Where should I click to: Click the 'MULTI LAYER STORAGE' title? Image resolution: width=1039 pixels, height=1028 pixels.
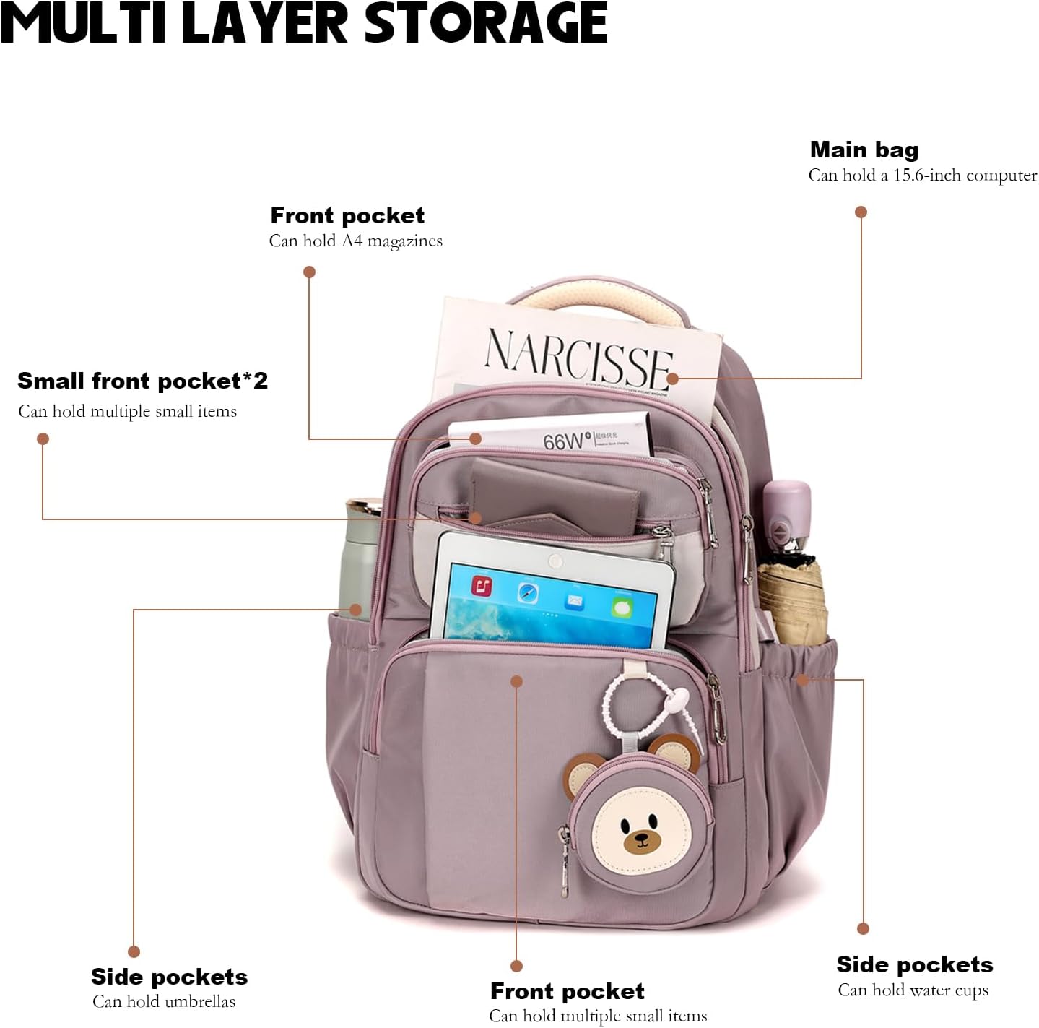tap(303, 23)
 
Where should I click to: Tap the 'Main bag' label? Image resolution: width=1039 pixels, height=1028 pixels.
tap(864, 150)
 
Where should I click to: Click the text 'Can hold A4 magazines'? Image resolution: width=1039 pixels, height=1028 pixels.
tap(355, 241)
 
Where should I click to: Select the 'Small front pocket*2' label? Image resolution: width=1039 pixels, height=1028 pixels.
tap(142, 381)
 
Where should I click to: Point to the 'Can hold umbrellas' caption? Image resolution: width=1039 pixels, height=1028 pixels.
tap(164, 1002)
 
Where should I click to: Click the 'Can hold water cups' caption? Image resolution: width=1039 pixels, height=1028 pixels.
tap(913, 990)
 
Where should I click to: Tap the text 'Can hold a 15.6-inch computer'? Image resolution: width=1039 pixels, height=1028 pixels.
tap(922, 176)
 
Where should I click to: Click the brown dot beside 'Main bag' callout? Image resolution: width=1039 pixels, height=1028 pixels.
tap(861, 212)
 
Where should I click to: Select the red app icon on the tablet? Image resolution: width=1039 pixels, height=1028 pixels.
tap(482, 586)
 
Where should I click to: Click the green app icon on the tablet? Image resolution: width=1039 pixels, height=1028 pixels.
tap(621, 608)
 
